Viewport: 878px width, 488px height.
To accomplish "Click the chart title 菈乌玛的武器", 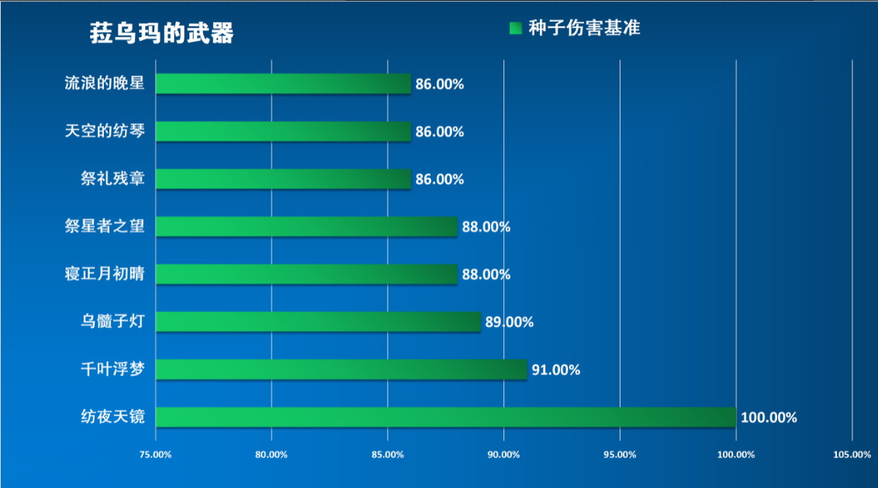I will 161,33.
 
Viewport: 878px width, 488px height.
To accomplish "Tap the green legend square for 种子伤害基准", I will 516,29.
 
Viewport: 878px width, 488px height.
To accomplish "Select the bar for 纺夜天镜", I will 445,417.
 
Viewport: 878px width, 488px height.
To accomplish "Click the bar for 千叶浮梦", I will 341,369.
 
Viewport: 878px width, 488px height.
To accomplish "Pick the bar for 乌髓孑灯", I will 318,321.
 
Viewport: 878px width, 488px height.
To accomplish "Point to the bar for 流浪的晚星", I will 283,84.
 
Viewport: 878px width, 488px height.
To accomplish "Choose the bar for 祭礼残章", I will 283,179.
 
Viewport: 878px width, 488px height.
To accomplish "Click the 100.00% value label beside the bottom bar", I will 769,418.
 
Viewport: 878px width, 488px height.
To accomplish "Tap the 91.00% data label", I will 555,370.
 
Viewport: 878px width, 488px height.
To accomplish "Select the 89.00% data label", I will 509,322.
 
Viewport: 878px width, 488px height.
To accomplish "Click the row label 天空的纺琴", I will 105,131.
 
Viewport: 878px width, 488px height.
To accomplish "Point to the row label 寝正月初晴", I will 105,274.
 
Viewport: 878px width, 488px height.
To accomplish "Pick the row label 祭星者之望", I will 105,226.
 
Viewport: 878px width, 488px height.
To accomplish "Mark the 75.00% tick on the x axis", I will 155,455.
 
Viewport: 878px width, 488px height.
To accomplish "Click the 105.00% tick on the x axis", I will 852,455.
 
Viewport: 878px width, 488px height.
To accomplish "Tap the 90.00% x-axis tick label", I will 503,455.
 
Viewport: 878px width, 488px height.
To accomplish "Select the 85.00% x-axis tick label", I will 388,455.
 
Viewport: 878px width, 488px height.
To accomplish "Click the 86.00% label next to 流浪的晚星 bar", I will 440,84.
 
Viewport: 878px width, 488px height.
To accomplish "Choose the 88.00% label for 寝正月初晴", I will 486,275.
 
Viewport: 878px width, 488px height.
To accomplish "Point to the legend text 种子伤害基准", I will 584,29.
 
